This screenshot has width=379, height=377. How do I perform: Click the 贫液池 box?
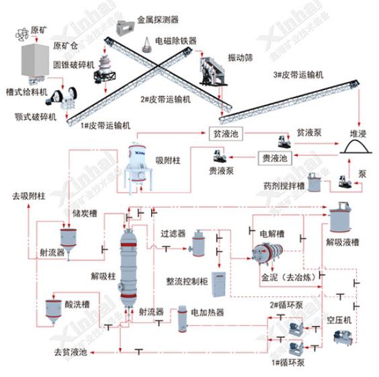coord(224,134)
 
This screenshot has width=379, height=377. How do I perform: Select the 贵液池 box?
coord(274,159)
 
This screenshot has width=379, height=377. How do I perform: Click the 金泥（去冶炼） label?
coord(276,277)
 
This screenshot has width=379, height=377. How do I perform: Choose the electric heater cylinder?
coord(181,321)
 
